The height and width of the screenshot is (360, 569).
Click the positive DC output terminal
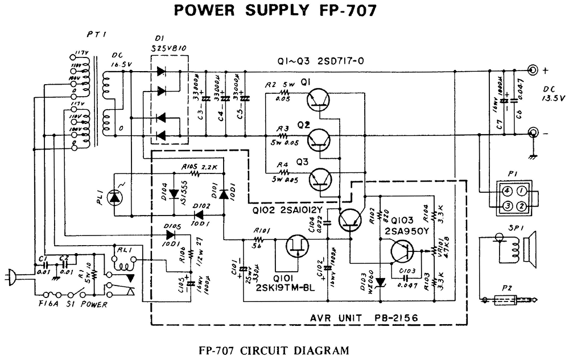(x=533, y=71)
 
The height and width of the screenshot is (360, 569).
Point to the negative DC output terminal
(x=533, y=134)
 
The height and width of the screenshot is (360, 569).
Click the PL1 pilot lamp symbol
(x=116, y=197)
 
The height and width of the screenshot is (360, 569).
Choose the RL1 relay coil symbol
(x=123, y=261)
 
